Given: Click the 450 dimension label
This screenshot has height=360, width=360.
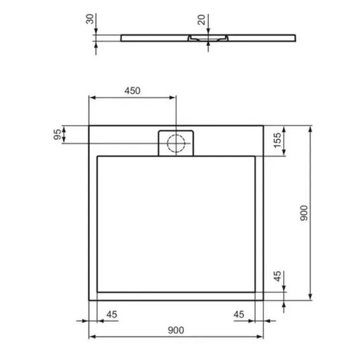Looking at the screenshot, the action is (132, 91).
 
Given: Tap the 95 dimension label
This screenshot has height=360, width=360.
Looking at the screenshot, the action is (58, 134).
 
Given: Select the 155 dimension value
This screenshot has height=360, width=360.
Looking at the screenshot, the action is (277, 140).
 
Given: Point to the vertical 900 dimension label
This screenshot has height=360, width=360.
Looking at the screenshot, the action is (304, 213).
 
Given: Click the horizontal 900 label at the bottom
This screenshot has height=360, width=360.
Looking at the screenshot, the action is (176, 330).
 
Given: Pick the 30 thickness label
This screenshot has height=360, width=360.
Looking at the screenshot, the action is (90, 19).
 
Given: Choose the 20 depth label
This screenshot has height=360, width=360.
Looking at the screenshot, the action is (201, 19).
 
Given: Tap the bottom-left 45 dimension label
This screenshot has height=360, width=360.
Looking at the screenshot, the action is (111, 314).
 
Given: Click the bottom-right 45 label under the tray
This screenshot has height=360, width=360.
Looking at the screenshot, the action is (239, 314).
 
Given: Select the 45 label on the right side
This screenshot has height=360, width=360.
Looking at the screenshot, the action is (277, 276).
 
